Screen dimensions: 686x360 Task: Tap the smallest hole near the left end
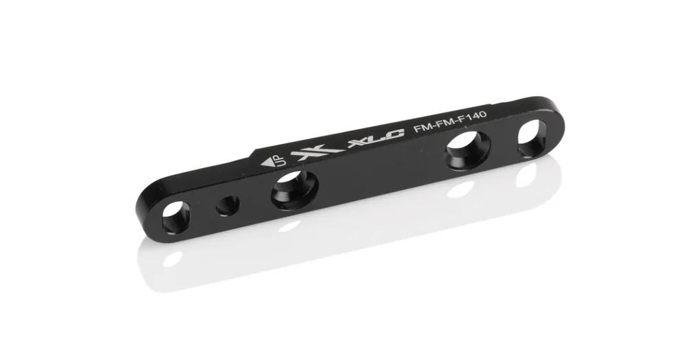click(228, 206)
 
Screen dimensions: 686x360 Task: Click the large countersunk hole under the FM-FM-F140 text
click(468, 150)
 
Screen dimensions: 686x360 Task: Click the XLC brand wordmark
click(375, 139)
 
